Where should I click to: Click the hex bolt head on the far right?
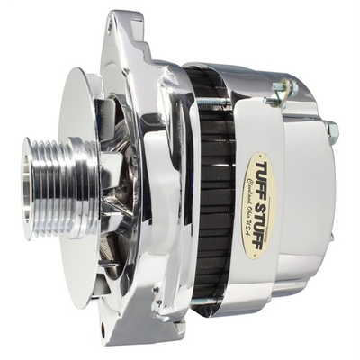[333, 132]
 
